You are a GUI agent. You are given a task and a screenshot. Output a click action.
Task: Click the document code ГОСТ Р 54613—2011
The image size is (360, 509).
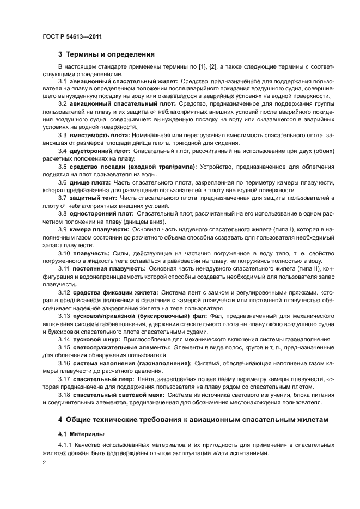[x=72, y=36]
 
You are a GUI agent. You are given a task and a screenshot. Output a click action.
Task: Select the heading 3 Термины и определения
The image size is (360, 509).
[x=106, y=54]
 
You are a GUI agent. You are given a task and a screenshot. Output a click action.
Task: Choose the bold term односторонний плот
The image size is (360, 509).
[x=102, y=213]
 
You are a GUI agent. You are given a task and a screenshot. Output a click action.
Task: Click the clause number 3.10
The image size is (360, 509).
[x=65, y=253]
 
